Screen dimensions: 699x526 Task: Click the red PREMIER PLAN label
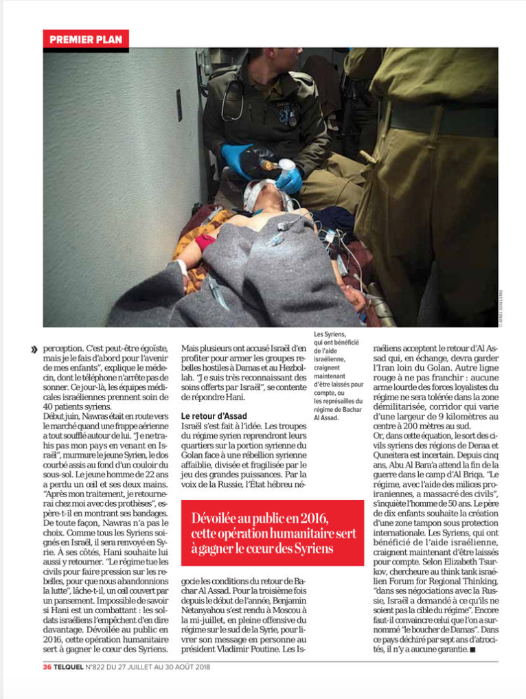point(86,40)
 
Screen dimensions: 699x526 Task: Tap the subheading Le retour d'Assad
point(214,416)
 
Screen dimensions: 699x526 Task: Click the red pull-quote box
point(272,532)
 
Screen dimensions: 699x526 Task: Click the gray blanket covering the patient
point(227,282)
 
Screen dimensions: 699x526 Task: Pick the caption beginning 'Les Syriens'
point(338,374)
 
